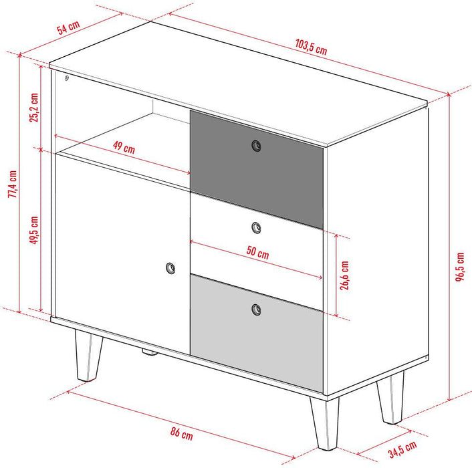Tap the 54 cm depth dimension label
(x=68, y=28)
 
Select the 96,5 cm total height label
(x=461, y=267)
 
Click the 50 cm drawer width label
(x=257, y=253)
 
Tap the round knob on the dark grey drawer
(x=256, y=146)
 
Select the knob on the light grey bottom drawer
(x=257, y=309)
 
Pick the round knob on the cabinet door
(x=170, y=268)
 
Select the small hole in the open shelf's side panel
(x=67, y=78)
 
